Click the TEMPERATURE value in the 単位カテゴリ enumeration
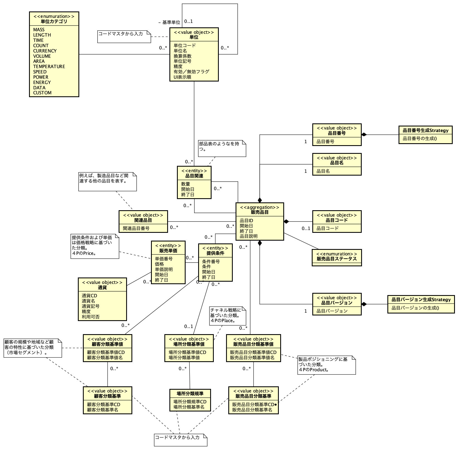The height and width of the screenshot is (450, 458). click(x=49, y=66)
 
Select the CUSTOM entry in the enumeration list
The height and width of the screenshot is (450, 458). click(x=42, y=93)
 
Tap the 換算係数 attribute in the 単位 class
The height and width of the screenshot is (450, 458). click(x=183, y=56)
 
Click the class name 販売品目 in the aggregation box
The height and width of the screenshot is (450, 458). click(x=260, y=212)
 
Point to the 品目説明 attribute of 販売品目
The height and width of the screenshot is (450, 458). click(x=248, y=236)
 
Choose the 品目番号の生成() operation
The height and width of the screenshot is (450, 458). click(x=420, y=138)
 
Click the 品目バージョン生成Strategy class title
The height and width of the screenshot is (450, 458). click(x=421, y=300)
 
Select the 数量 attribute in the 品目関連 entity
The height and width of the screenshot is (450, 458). click(x=185, y=184)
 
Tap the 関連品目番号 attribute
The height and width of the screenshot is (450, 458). click(x=136, y=228)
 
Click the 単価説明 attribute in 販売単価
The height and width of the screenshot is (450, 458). click(x=164, y=269)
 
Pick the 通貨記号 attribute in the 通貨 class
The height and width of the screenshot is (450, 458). click(x=90, y=306)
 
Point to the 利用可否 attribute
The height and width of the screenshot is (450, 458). click(x=90, y=317)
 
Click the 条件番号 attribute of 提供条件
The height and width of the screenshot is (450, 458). click(x=211, y=262)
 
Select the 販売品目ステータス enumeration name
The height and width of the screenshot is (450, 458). click(x=337, y=259)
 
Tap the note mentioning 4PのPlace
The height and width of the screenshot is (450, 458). click(x=227, y=315)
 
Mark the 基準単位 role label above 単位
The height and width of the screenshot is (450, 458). click(x=171, y=22)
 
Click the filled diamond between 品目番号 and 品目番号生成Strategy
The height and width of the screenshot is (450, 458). click(x=364, y=135)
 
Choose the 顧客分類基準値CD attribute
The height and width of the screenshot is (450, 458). click(x=106, y=352)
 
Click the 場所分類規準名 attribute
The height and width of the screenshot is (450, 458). click(x=189, y=407)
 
